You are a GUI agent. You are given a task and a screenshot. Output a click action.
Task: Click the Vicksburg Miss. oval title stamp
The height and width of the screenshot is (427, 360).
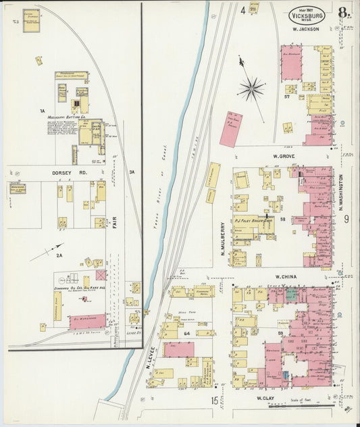tap(307, 14)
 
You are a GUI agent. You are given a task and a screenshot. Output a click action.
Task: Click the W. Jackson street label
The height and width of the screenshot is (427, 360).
tap(306, 30)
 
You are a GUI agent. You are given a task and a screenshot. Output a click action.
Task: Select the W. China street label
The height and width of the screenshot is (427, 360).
tap(287, 277)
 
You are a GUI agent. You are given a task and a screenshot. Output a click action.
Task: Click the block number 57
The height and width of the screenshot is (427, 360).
tap(286, 97)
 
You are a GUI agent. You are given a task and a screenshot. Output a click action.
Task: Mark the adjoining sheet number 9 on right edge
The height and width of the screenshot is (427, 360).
tap(345, 219)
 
